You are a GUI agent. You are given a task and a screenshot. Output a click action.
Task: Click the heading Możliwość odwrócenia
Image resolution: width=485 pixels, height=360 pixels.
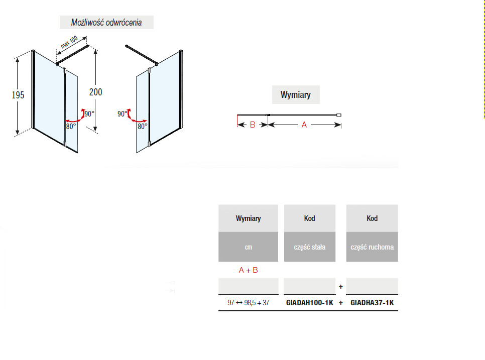[x=106, y=23]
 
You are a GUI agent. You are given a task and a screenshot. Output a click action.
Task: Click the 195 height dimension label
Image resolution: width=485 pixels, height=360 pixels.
[x=18, y=95]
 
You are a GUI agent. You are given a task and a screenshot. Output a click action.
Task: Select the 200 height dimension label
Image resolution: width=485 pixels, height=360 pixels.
[x=95, y=92]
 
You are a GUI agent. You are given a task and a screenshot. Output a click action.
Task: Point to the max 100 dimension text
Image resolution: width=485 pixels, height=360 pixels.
[x=69, y=42]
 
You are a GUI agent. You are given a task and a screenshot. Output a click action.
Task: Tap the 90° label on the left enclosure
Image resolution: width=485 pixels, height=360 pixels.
[x=89, y=114]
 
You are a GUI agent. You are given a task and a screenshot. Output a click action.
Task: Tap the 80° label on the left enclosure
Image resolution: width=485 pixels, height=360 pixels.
[x=71, y=126]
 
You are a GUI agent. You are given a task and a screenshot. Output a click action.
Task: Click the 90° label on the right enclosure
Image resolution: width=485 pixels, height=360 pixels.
[x=122, y=114]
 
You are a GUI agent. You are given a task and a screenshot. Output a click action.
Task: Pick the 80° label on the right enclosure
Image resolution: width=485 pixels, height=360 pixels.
[x=143, y=126]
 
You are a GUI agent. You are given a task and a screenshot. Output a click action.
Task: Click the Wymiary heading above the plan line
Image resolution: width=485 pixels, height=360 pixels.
[x=295, y=94]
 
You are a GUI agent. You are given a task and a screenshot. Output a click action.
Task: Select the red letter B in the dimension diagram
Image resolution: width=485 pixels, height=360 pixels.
[x=253, y=125]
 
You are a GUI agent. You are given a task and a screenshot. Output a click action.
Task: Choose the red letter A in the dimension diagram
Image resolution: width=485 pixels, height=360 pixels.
[x=304, y=125]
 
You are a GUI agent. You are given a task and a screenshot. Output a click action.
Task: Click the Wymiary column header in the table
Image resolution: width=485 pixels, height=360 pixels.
[x=248, y=218]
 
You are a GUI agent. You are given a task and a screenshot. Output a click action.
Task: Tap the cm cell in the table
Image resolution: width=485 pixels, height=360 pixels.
[x=249, y=247]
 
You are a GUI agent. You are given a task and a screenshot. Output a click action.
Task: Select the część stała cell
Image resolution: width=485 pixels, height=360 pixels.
[x=310, y=247]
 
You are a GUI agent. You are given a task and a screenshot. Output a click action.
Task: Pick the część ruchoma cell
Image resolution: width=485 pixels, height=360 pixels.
[x=372, y=247]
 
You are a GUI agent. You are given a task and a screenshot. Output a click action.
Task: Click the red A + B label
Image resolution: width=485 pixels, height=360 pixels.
[x=248, y=270]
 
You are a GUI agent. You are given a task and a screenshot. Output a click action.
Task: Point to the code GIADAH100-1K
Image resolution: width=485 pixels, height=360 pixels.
[x=310, y=303]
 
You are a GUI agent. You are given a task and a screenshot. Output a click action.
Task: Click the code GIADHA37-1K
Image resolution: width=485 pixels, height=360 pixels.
[x=372, y=303]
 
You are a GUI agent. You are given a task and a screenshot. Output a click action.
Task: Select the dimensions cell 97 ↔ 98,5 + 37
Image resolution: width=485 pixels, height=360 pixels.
[x=249, y=303]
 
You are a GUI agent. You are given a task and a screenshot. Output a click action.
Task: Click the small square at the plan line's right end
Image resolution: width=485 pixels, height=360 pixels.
[x=339, y=115]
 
